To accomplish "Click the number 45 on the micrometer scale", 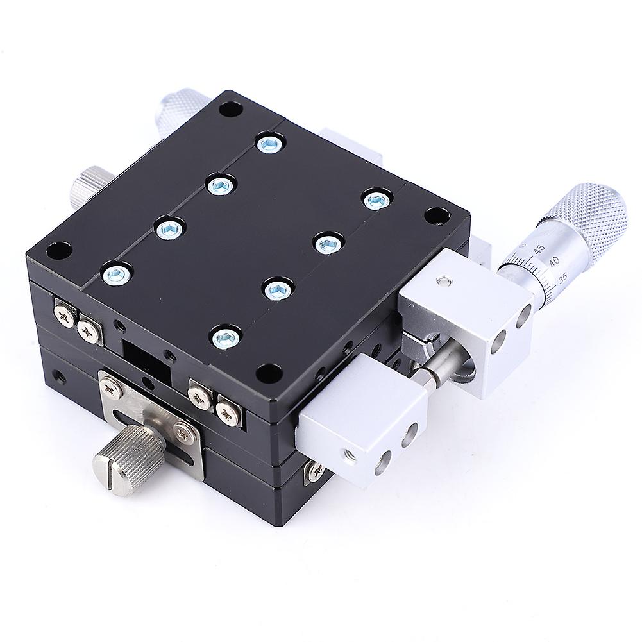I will click(539, 249).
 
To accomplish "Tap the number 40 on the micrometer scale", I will click(550, 261).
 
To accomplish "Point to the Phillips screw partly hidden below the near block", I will click(316, 471).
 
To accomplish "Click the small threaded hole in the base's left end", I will click(60, 374).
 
